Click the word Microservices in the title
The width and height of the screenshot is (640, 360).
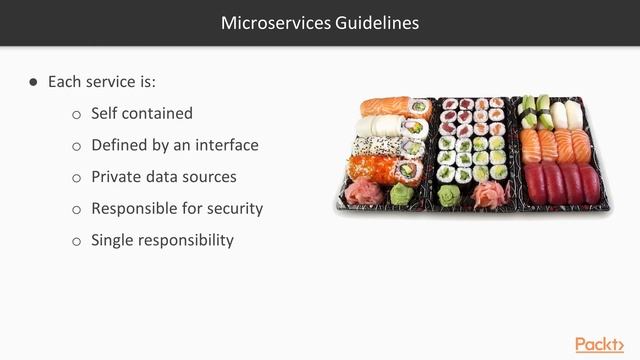tap(268, 21)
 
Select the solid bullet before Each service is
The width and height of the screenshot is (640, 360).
tap(34, 82)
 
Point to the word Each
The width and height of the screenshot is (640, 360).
tap(65, 82)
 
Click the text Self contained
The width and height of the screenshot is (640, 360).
tap(141, 114)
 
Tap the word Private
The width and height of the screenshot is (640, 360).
tap(118, 177)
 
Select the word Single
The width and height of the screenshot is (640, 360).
tap(114, 240)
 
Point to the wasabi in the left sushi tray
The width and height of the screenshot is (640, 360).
tap(399, 193)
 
